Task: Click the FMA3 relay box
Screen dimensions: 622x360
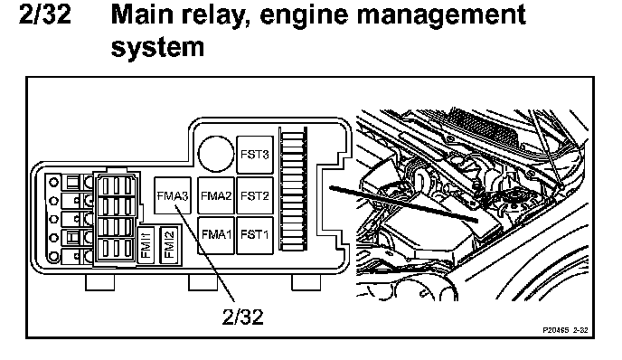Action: coord(173,195)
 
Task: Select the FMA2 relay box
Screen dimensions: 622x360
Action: coord(216,195)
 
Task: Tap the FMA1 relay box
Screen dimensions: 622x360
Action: coord(216,235)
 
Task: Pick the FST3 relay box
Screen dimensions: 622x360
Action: coord(255,155)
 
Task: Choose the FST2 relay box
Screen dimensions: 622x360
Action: coord(255,195)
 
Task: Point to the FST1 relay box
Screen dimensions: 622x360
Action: coord(255,235)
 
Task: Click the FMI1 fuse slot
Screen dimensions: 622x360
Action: coord(146,245)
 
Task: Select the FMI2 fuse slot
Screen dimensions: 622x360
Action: coord(169,244)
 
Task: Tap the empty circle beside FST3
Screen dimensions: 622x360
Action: coord(216,154)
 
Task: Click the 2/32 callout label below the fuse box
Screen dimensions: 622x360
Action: coord(243,317)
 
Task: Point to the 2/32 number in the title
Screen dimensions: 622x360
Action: coord(45,14)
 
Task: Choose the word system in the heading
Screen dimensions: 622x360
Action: coord(157,47)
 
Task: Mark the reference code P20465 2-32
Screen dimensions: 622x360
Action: coord(565,330)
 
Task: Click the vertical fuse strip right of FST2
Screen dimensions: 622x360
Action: coord(293,189)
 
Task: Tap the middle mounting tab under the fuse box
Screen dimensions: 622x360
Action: coord(203,282)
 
